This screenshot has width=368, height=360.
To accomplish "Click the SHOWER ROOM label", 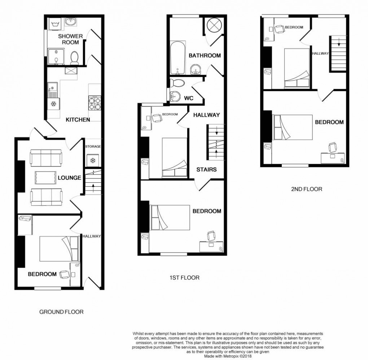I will pos(71,39).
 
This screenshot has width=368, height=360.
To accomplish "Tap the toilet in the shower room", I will pos(75,57).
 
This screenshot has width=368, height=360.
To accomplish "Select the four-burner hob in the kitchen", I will pos(95,103).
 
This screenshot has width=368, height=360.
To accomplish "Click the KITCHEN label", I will pos(78,120).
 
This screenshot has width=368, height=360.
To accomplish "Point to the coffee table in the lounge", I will pos(45,177).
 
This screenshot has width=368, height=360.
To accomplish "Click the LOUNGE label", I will pos(70,178).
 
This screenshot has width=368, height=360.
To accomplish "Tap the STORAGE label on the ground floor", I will pos(93,147).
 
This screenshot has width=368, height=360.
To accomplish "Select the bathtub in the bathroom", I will pos(177,58).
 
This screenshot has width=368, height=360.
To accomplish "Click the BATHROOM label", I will pos(205,56).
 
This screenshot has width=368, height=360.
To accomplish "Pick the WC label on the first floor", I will pos(189,98).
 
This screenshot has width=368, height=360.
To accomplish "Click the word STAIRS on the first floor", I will pos(206,169).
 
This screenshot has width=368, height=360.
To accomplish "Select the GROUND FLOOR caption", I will pos(62,312).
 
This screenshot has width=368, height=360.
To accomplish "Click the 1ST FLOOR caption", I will pos(184,278).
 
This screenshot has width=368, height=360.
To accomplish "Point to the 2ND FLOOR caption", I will pos(306,189).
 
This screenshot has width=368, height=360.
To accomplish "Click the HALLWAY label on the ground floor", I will pos(91,236).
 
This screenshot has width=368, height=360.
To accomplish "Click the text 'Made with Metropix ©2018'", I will pos(228,356).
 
